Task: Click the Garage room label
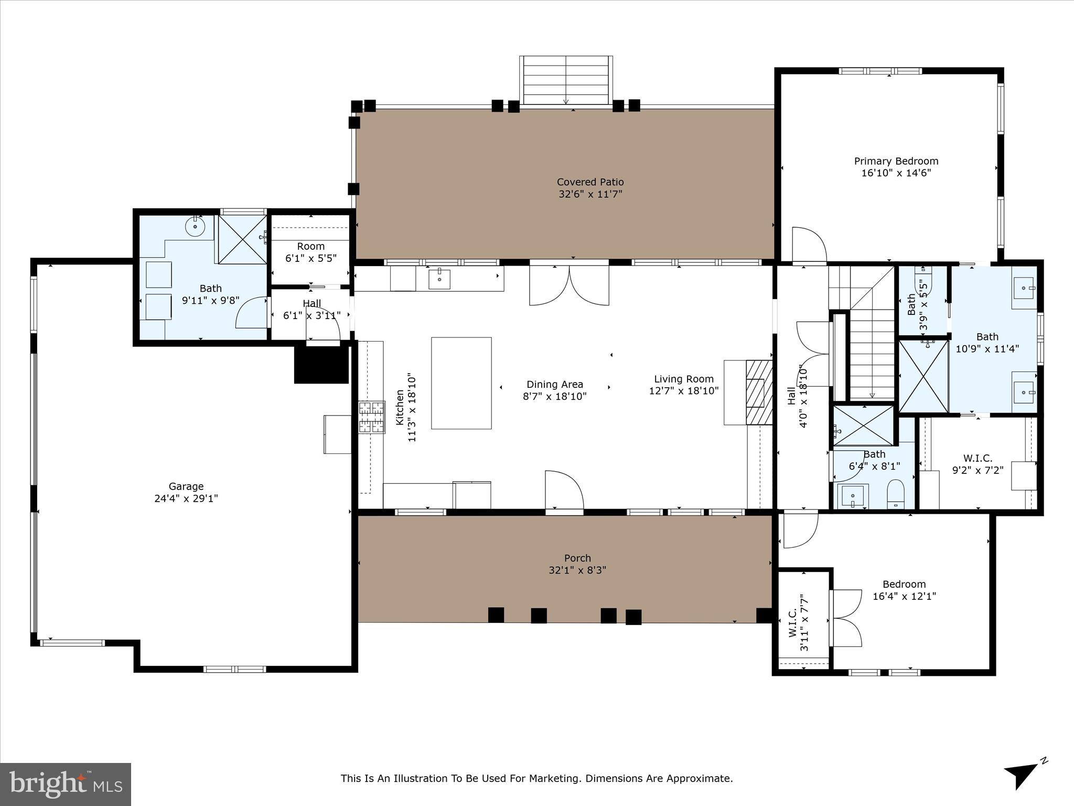(186, 486)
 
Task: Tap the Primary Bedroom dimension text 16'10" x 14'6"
(896, 173)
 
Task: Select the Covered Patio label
(590, 182)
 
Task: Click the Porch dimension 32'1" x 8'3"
(577, 570)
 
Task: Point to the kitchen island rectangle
(461, 383)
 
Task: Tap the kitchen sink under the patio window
(439, 279)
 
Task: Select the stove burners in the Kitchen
(371, 417)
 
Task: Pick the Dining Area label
(554, 385)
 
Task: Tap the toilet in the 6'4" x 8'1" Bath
(896, 494)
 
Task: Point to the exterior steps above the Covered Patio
(566, 80)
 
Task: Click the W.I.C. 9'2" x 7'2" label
(978, 458)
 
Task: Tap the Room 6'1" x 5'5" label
(310, 247)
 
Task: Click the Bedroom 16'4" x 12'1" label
(904, 585)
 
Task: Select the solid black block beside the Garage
(321, 365)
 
